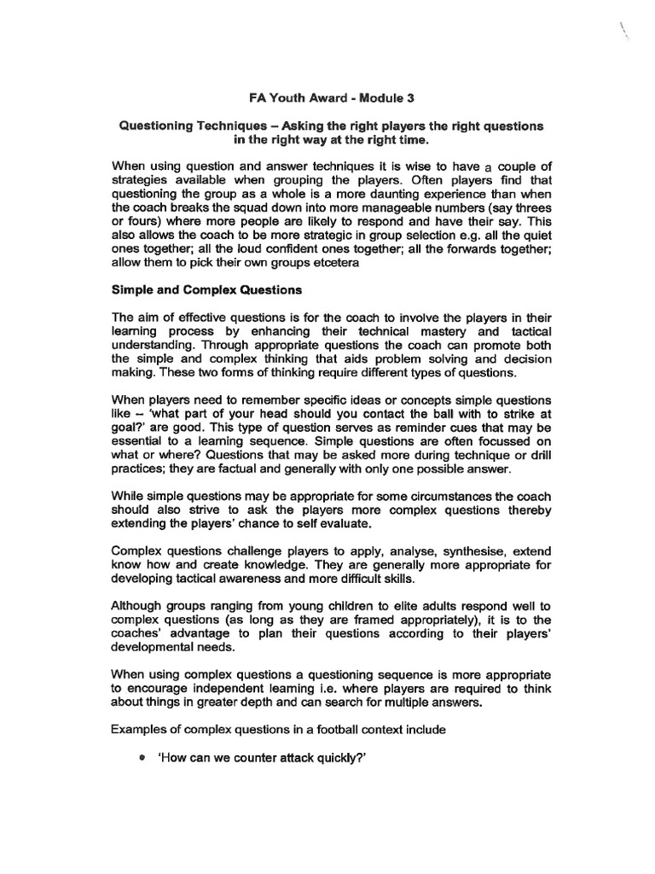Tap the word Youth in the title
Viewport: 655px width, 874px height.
pyautogui.click(x=275, y=97)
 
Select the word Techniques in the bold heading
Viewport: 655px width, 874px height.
pyautogui.click(x=229, y=125)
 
